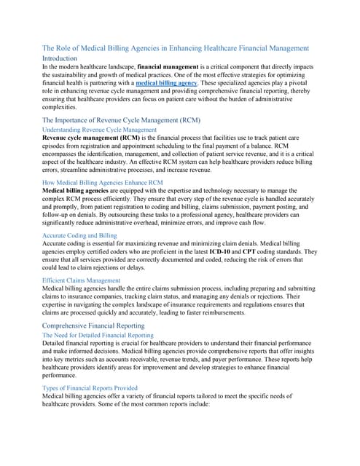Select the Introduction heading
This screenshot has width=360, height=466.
65,58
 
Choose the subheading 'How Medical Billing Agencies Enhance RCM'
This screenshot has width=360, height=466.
103,182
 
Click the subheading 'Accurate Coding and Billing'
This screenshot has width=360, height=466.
79,236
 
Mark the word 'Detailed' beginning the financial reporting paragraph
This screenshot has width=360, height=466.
56,342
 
